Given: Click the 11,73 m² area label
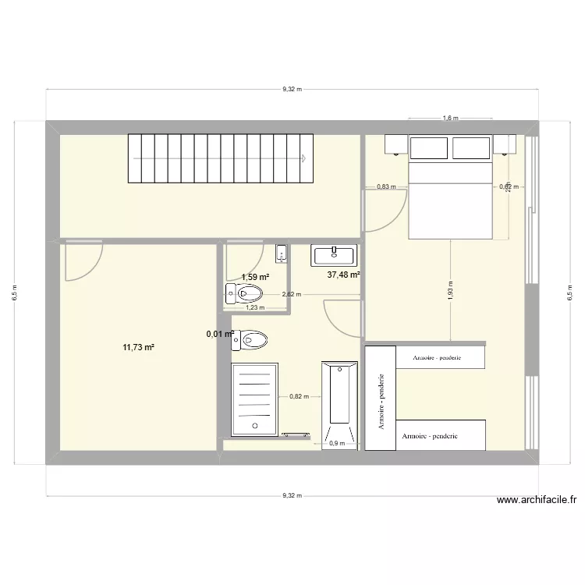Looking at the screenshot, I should pos(138,347).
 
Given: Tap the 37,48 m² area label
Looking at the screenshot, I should pos(343,275).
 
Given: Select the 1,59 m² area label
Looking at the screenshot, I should pos(255,277).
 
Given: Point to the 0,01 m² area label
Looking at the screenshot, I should pos(220,335).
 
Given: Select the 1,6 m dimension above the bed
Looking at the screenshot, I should pos(449,119).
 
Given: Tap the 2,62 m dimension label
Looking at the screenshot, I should pos(290,295).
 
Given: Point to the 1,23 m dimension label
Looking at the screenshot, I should pos(255,307).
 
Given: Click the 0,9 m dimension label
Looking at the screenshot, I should pos(337,444).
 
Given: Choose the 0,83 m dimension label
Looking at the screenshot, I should pos(386,186).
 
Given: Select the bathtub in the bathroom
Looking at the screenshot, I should pos(338,404).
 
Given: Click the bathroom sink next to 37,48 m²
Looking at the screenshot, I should pos(335,254).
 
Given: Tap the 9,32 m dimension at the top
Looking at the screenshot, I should pos(292,90).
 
